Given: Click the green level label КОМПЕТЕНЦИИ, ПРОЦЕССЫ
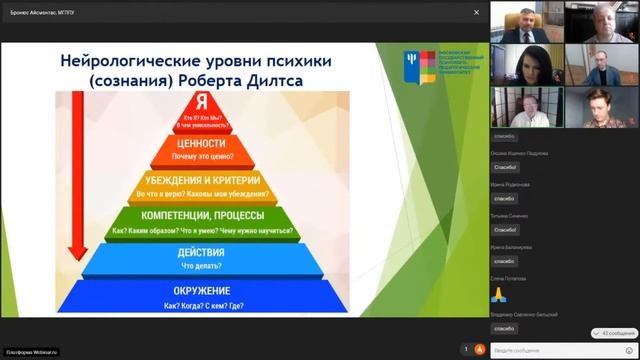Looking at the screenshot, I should (x=209, y=216).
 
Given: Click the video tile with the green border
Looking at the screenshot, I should (x=527, y=107).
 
